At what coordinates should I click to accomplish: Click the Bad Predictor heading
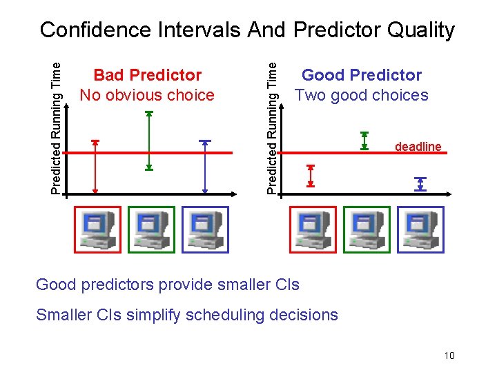(x=147, y=74)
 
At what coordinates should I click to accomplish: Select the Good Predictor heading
(x=362, y=74)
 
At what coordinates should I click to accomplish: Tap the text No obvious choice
(x=147, y=95)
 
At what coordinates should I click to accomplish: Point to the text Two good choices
(x=362, y=95)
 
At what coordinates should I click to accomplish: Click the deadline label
(x=418, y=147)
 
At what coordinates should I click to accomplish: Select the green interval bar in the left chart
(x=148, y=140)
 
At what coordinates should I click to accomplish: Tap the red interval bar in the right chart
(x=311, y=176)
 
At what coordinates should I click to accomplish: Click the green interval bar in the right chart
(x=364, y=141)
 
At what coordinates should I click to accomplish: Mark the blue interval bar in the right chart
(x=420, y=184)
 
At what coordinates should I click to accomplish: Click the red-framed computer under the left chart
(x=97, y=230)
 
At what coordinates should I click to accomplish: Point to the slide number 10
(x=449, y=355)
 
